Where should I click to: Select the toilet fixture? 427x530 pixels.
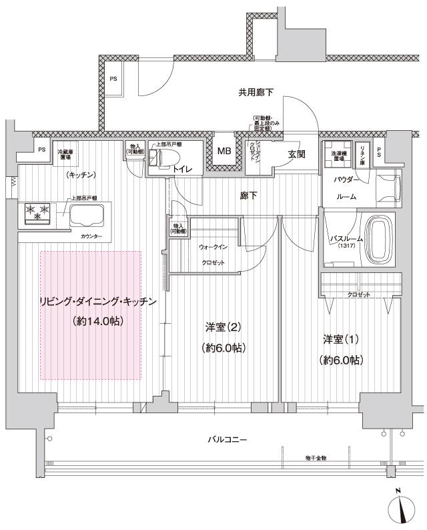pos(159,158)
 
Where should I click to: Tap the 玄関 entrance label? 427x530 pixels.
pos(297,154)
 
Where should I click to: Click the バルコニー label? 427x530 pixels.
pos(228,440)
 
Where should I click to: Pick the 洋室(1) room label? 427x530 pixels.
pos(341,340)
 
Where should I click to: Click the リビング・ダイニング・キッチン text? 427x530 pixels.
pos(98,302)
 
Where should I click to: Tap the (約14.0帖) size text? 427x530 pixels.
pos(97,321)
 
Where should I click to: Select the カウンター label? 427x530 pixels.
pos(91,237)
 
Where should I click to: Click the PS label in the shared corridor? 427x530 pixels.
pos(114,79)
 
